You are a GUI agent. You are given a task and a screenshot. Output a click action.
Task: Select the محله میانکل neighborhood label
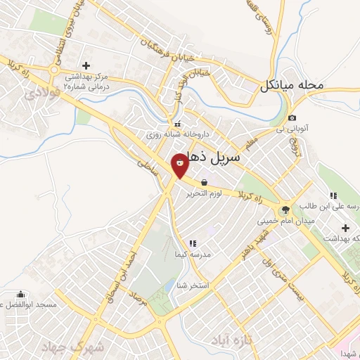291,86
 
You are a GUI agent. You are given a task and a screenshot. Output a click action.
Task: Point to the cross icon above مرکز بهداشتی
86,65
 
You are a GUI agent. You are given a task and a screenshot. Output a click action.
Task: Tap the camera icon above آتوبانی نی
292,118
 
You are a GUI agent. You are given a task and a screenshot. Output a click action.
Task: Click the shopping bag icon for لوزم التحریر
204,182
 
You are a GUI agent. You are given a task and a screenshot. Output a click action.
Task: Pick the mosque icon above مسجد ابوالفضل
21,295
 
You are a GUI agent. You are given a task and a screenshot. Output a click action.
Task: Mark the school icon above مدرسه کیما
193,244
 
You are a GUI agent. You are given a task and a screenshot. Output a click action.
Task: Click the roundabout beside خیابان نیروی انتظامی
56,70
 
